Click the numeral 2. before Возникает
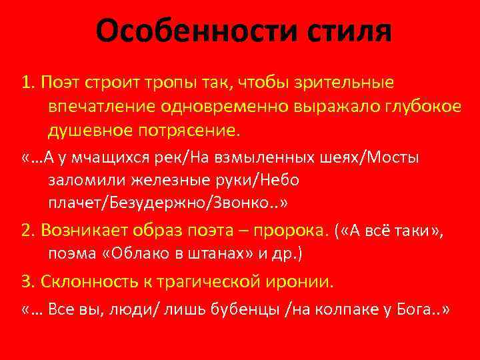tap(28, 230)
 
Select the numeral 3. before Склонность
tap(28, 282)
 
